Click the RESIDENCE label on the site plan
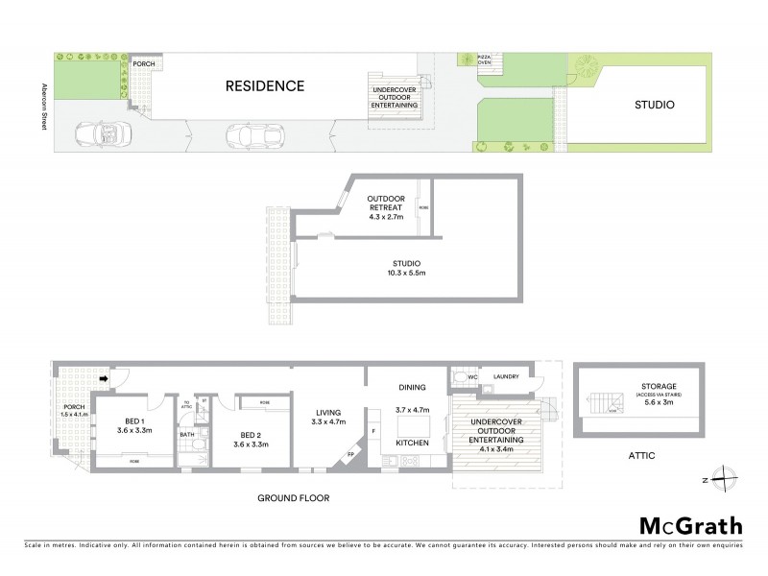264,85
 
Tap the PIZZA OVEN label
485,61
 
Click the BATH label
187,435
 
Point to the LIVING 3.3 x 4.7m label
322,418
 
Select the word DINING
412,387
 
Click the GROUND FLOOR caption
293,498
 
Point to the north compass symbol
727,477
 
